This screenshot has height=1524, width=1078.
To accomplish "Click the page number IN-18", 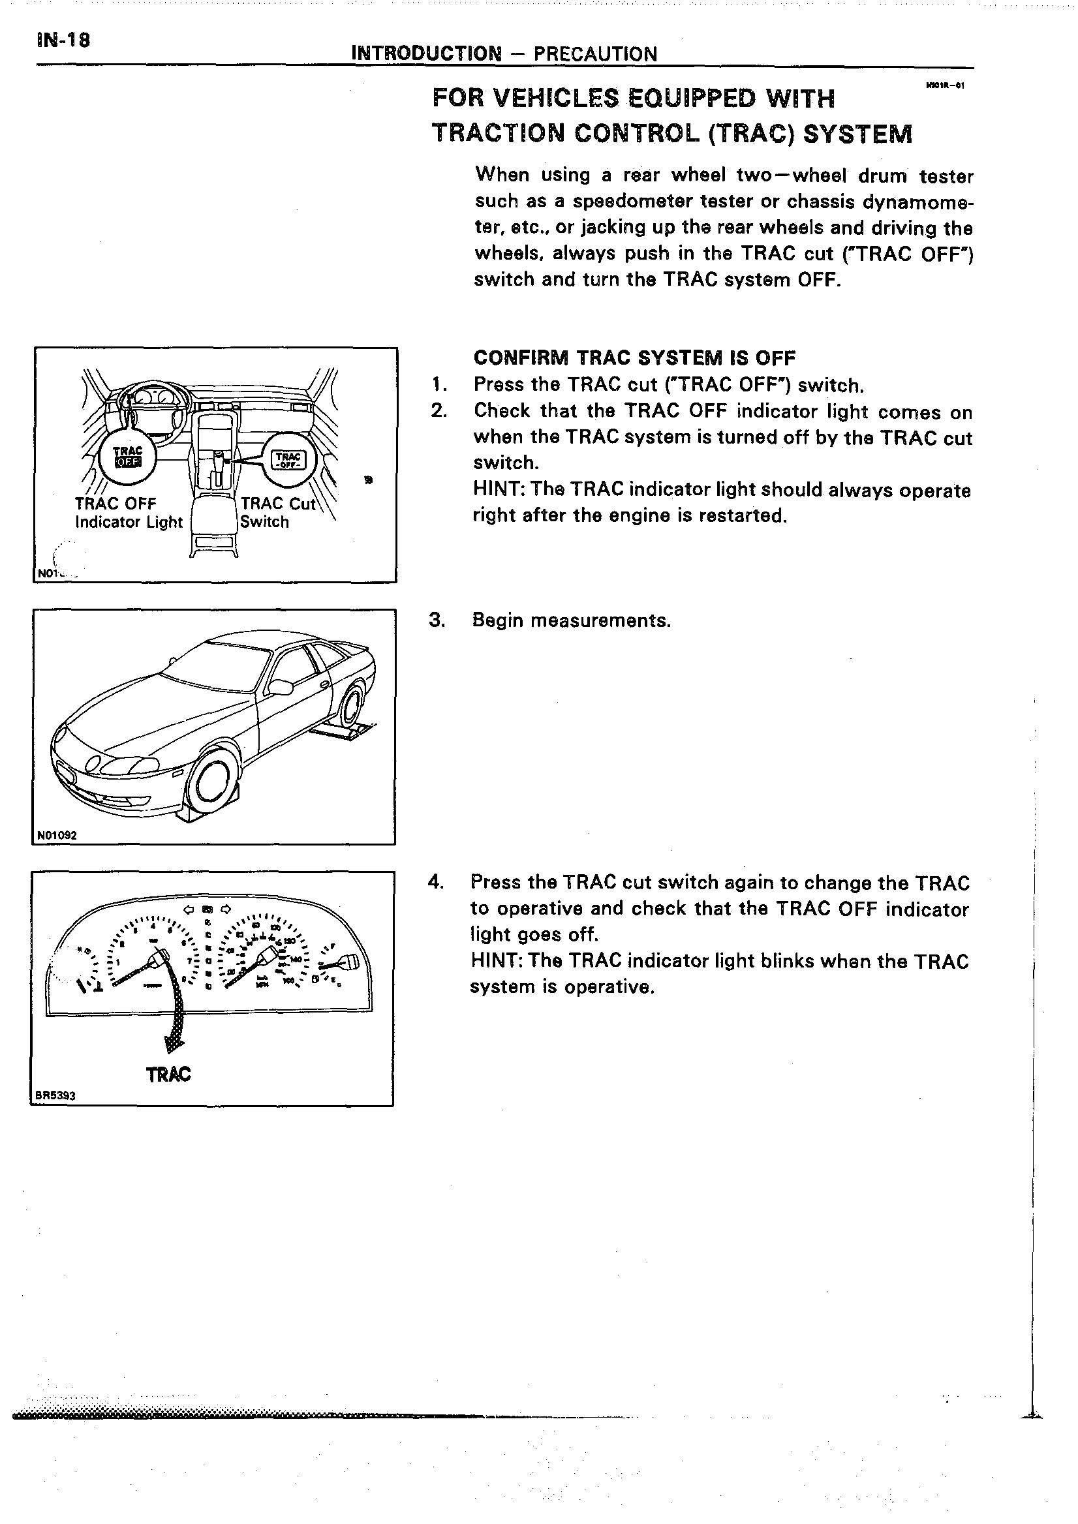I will coord(63,40).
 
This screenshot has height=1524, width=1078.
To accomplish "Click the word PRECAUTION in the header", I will coord(594,53).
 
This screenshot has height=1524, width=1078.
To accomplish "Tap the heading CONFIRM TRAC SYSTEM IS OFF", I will coord(634,358).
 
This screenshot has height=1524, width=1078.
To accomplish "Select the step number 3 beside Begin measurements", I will coord(436,620).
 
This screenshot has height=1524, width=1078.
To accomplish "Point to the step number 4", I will coord(435,883).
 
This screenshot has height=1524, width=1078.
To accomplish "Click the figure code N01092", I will coord(57,835).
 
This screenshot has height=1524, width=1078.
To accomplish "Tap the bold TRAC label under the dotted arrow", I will coord(168,1074).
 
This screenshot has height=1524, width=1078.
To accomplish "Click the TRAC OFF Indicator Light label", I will coord(128,512).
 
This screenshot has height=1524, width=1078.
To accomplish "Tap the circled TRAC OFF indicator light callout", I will coord(127,455).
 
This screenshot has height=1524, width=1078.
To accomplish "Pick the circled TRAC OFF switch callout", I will coord(288,459).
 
